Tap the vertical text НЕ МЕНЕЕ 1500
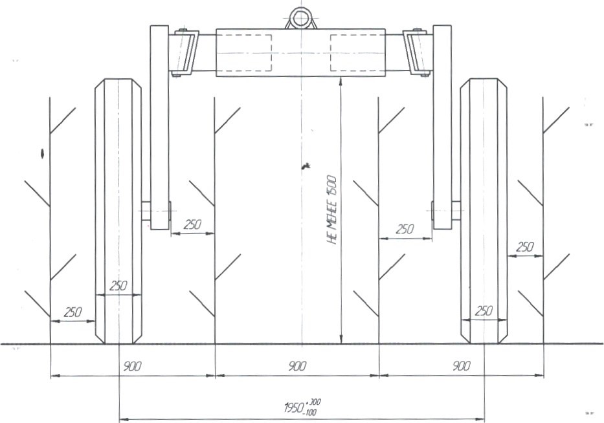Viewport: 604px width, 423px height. coord(331,210)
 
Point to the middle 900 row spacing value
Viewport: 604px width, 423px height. coord(297,366)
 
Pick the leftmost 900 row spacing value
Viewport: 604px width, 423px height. coord(132,366)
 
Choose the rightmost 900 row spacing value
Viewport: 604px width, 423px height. coord(461,366)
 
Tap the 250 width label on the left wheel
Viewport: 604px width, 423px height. coord(118,286)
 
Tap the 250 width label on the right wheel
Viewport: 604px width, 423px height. coord(484,310)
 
